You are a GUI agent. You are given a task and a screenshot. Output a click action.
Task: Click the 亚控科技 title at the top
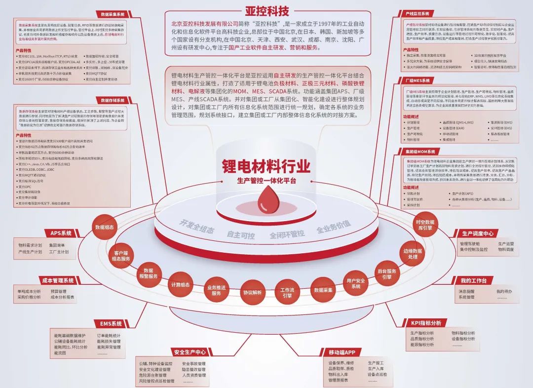pos(267,10)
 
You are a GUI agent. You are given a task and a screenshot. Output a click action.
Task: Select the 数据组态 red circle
pos(104,227)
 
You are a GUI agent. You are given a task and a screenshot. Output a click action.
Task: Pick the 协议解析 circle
pos(252,292)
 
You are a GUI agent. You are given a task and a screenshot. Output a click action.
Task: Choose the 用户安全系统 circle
pos(355,284)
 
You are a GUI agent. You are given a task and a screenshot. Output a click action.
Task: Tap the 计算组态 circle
pos(180,285)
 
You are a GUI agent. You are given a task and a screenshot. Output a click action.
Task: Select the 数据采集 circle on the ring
pos(323,290)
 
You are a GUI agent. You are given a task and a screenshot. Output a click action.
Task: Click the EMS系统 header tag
pos(111,324)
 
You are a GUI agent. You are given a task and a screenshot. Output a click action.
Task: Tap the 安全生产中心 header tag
pos(190,352)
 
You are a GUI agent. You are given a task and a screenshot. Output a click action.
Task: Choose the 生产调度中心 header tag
pos(478,233)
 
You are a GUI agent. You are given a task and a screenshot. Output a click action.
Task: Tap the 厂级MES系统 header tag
pos(417,80)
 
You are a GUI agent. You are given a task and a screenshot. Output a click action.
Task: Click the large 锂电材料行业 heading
pos(266,166)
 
